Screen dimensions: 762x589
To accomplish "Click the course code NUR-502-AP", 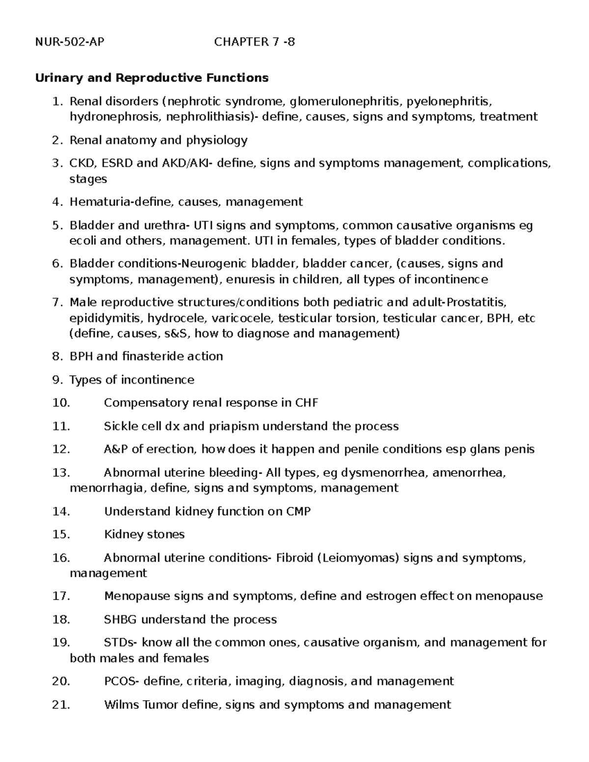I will (x=70, y=42).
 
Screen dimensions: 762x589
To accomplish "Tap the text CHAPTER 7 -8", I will (x=254, y=42).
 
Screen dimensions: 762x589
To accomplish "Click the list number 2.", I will (x=57, y=140).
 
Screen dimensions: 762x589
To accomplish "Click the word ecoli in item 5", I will (x=83, y=241).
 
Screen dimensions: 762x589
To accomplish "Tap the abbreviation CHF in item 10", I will (x=306, y=403).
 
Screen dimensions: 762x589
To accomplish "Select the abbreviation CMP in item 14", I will (x=298, y=512).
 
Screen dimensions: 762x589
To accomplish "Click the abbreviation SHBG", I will (x=121, y=620).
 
